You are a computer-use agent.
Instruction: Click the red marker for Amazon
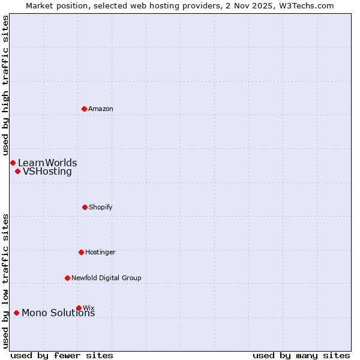(x=85, y=109)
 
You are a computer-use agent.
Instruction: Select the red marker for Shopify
(x=85, y=207)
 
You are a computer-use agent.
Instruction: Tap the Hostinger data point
(x=81, y=252)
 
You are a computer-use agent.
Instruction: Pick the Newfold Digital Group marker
(x=67, y=278)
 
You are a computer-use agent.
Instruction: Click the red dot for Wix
(x=79, y=308)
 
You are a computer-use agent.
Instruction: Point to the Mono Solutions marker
(x=16, y=313)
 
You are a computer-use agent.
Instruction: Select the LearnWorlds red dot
(x=13, y=163)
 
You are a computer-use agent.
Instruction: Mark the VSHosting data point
(x=17, y=171)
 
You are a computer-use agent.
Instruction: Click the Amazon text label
(x=101, y=109)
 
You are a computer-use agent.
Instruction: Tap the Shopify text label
(x=101, y=207)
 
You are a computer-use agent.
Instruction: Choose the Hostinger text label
(x=100, y=252)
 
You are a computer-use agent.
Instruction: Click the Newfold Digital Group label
(x=106, y=278)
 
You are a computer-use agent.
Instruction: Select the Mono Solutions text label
(x=58, y=313)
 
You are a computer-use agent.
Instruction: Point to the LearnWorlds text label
(x=47, y=163)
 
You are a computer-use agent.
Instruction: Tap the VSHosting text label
(x=47, y=171)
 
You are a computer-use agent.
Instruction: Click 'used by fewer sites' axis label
(x=62, y=355)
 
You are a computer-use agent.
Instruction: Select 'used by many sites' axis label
(x=301, y=355)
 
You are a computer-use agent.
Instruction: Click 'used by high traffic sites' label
(x=5, y=86)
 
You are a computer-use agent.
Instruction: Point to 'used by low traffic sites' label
(x=5, y=281)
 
